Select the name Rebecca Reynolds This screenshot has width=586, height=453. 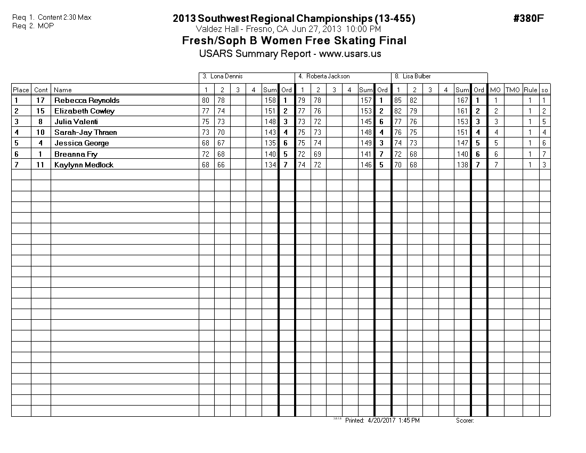click(x=87, y=100)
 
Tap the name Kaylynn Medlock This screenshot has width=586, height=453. click(x=84, y=165)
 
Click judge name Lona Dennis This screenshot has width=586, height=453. click(x=226, y=76)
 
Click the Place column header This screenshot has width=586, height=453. click(x=21, y=90)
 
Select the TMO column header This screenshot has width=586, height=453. click(x=512, y=90)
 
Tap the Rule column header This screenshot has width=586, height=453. click(x=530, y=90)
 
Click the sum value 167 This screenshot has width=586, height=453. click(x=462, y=100)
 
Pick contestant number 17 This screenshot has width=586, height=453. click(x=40, y=100)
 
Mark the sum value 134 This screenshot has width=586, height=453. click(x=270, y=165)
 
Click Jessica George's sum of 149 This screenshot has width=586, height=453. click(x=366, y=143)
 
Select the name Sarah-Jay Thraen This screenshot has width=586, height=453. click(x=85, y=132)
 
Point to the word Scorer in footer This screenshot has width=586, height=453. click(x=465, y=420)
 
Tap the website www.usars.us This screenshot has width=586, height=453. click(x=350, y=54)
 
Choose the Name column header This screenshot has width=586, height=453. click(x=63, y=90)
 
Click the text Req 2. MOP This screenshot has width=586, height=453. click(x=33, y=25)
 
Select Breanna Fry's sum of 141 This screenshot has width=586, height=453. click(x=366, y=154)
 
